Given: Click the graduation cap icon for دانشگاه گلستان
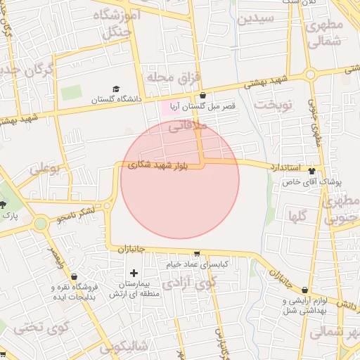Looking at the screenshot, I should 117,89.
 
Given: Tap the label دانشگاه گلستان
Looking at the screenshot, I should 116,100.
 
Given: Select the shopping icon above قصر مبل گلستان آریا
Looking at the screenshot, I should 203,96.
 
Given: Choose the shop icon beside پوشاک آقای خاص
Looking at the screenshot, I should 311,171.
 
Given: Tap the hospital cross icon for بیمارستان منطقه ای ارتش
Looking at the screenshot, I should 134,272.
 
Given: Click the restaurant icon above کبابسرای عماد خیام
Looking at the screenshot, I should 197,254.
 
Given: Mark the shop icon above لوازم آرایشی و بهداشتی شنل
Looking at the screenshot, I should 304,289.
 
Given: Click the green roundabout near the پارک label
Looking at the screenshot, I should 40,224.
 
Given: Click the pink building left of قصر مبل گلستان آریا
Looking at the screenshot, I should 169,108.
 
